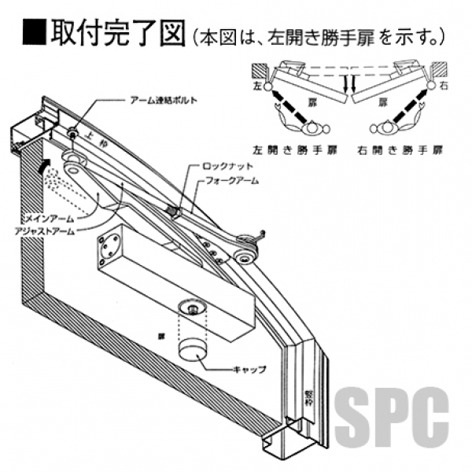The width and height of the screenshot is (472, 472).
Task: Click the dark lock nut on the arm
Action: tap(173, 211)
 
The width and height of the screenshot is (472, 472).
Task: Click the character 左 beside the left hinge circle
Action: tap(256, 82)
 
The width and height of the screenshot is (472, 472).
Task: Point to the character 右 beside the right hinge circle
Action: tap(444, 82)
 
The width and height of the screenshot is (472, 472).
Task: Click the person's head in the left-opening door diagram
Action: tap(315, 125)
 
